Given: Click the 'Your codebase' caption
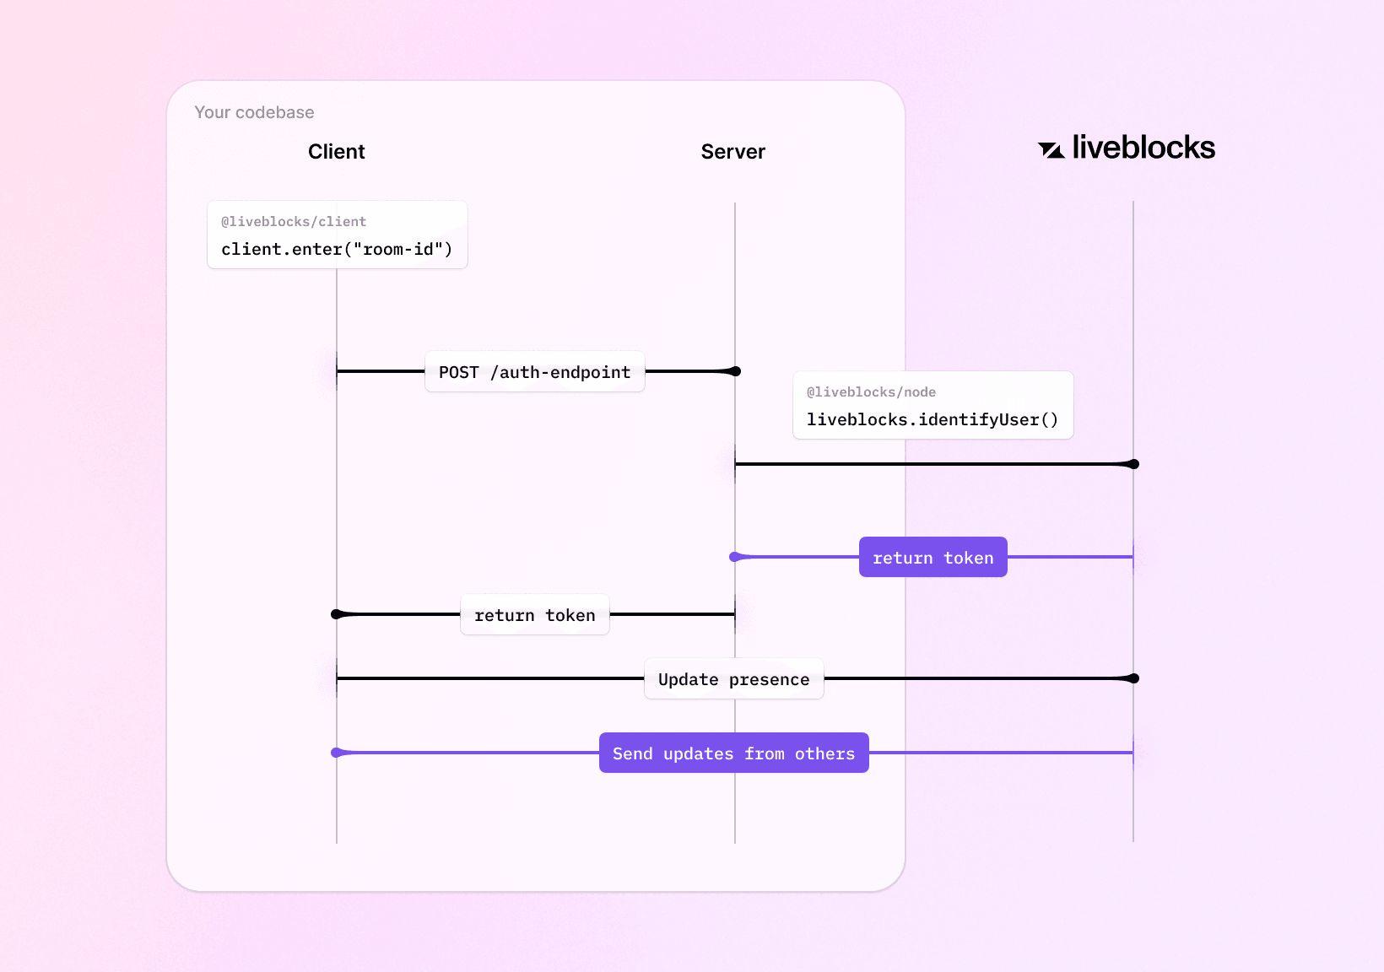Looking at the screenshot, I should [x=254, y=112].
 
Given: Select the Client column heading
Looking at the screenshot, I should [x=336, y=152].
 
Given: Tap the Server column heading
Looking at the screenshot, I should [x=733, y=152].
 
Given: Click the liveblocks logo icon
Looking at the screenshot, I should [x=1051, y=150].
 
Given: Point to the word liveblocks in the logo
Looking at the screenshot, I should [x=1143, y=148].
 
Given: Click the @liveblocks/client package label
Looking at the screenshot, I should [x=294, y=222].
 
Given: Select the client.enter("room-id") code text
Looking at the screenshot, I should [x=337, y=249].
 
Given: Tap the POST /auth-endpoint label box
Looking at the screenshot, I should [x=534, y=372].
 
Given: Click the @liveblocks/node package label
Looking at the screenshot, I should [x=871, y=392].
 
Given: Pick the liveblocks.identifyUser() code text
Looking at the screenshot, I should [x=933, y=419].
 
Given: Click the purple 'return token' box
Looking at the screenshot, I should [x=933, y=558].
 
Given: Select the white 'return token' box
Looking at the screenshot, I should [x=534, y=615].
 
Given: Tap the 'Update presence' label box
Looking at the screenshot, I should [x=733, y=679].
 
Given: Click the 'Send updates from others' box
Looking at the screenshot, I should [x=733, y=753].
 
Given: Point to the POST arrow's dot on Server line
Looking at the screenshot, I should [x=736, y=371].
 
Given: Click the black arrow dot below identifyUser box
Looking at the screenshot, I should [x=1134, y=464].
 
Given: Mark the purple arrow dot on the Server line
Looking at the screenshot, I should [x=734, y=557].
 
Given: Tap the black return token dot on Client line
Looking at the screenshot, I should [x=336, y=614].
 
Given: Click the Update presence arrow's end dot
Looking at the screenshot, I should [x=1134, y=678].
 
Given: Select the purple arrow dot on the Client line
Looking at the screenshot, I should [x=336, y=753].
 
